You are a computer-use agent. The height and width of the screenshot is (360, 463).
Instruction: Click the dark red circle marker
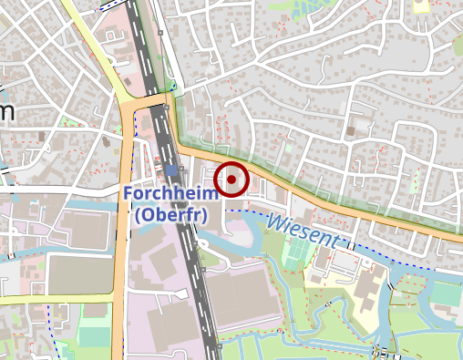[x=232, y=180]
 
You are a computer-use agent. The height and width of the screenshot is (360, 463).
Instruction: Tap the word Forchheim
[x=169, y=194]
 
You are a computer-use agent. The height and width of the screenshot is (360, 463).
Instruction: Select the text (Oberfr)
[x=170, y=215]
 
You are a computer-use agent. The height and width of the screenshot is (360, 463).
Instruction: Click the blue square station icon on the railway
[x=172, y=170]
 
